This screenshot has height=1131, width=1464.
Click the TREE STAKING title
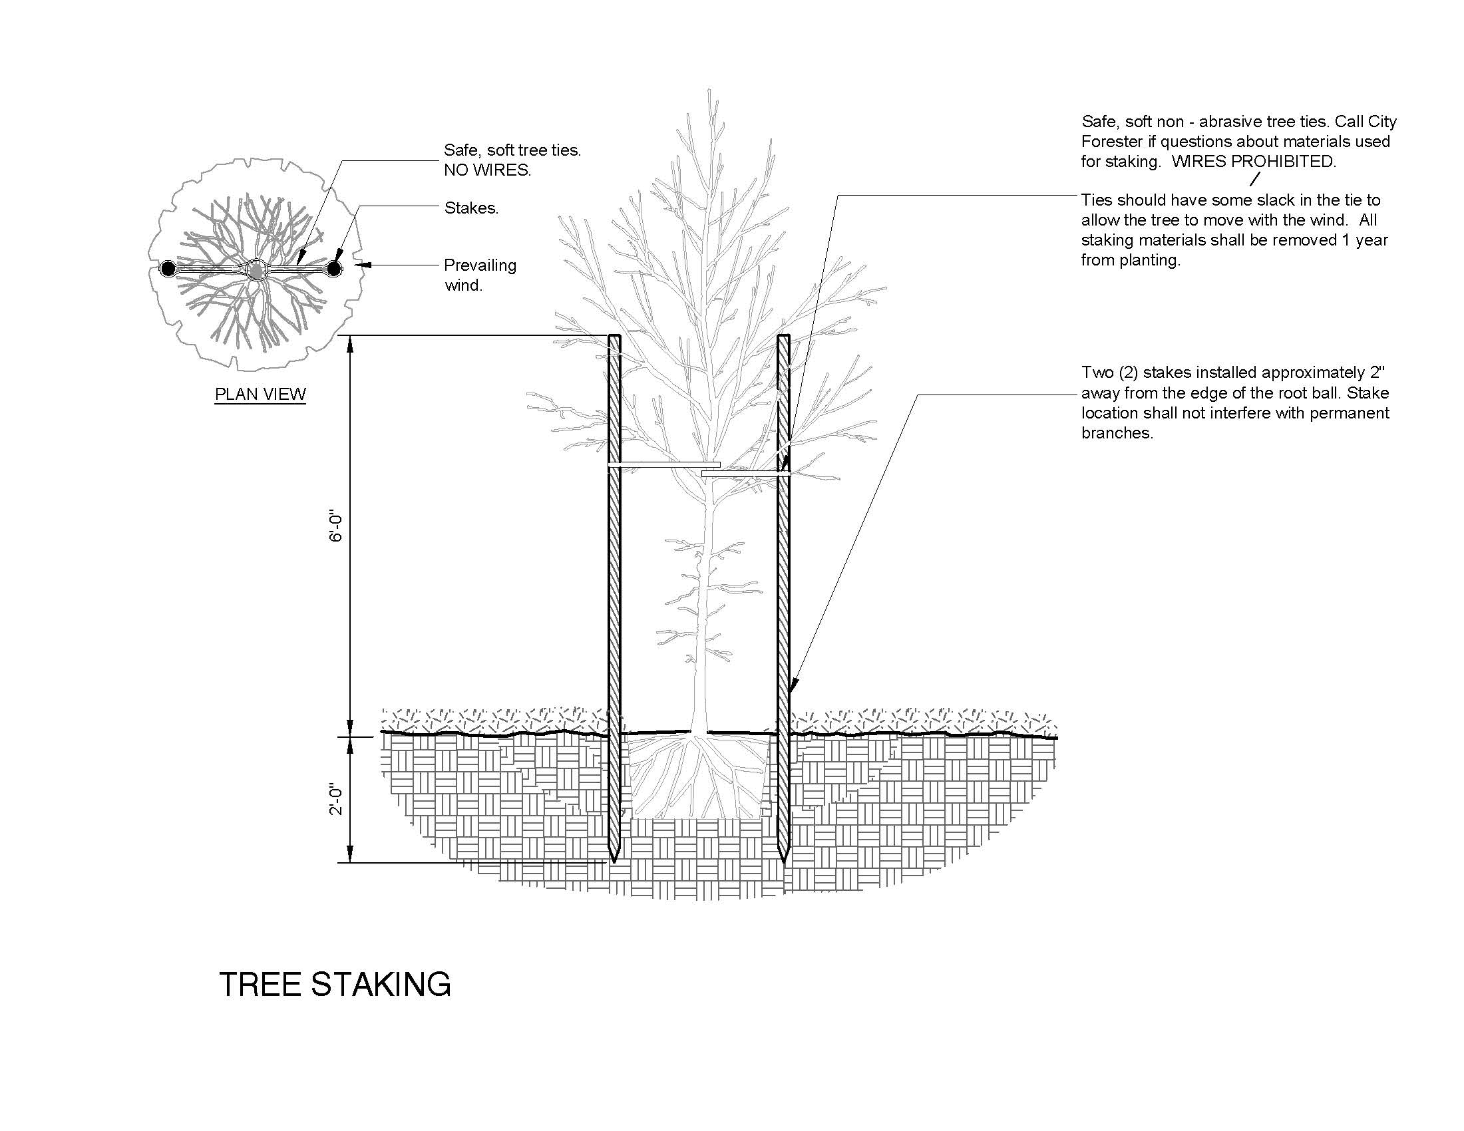click(335, 984)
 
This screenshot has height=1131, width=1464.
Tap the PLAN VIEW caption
click(260, 394)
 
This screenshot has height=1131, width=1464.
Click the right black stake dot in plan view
click(334, 269)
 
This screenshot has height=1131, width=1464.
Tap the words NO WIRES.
click(486, 170)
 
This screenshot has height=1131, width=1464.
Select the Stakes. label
click(471, 208)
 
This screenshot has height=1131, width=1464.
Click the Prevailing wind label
click(479, 275)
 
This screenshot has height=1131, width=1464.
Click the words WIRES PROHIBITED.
click(1254, 162)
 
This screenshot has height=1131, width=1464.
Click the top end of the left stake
click(614, 338)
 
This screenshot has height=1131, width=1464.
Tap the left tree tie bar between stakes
click(663, 464)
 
